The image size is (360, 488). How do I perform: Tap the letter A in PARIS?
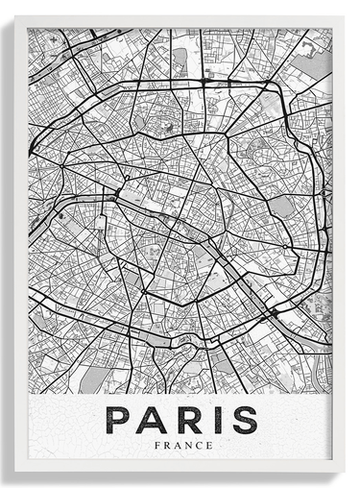pos(152,420)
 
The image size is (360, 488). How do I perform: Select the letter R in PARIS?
pos(186,420)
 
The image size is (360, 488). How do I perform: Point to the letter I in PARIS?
pos(213,420)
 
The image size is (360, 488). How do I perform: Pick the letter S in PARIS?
pos(244,420)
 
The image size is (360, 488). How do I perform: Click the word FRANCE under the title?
pos(180,446)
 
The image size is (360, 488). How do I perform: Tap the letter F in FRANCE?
pos(156,446)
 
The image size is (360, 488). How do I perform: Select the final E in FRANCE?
pos(204,446)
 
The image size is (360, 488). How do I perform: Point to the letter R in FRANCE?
pos(165,446)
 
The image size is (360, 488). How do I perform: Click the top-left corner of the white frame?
pos(14,16)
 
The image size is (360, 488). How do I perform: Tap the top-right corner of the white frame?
pos(344,16)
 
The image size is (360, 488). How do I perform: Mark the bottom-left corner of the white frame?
pos(14,472)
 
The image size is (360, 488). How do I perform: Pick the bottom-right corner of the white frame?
pos(344,472)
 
